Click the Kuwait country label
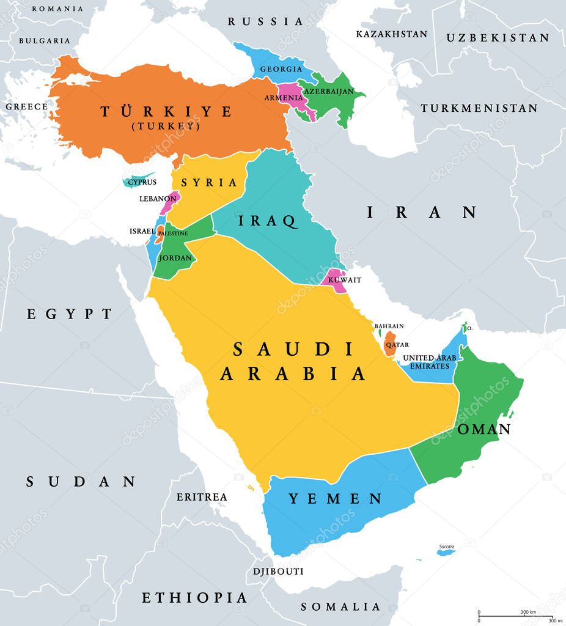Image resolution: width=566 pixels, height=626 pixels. pyautogui.click(x=345, y=280)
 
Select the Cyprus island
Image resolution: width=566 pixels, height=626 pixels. pyautogui.click(x=139, y=180)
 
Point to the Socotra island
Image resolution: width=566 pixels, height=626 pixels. pyautogui.click(x=446, y=553)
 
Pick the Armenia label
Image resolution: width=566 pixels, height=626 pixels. pyautogui.click(x=283, y=98)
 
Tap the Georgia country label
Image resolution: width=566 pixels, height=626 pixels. pyautogui.click(x=281, y=69)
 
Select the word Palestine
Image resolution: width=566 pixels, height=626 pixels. pyautogui.click(x=173, y=233)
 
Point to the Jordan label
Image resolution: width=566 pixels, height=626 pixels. pyautogui.click(x=175, y=258)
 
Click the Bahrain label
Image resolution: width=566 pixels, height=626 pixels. pyautogui.click(x=389, y=326)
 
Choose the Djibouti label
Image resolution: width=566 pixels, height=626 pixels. pyautogui.click(x=278, y=572)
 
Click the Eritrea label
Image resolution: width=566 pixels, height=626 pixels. pyautogui.click(x=202, y=497)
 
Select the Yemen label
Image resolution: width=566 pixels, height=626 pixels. pyautogui.click(x=335, y=499)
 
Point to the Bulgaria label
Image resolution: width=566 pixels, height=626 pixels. pyautogui.click(x=45, y=40)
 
